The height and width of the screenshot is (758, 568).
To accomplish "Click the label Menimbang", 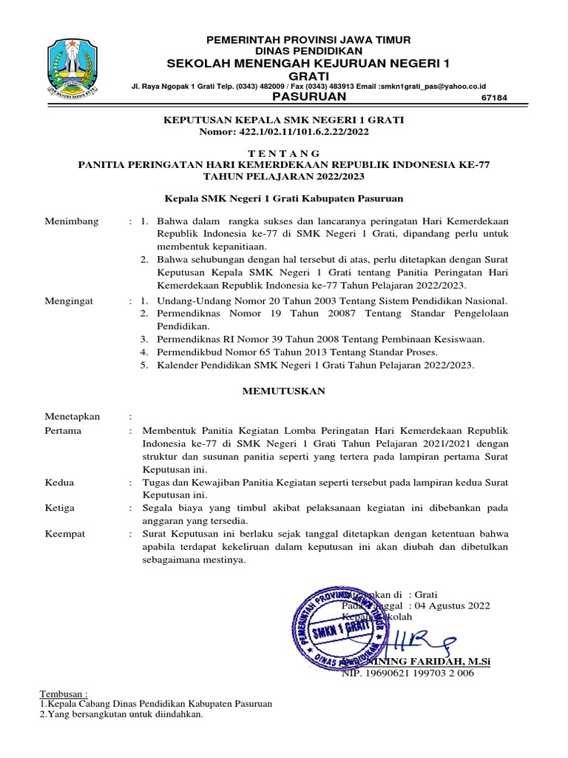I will click(x=71, y=221).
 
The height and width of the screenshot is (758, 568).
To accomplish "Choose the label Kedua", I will click(x=59, y=483).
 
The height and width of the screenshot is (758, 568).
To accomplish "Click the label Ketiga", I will click(x=61, y=509).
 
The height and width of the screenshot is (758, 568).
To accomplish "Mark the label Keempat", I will click(x=65, y=534).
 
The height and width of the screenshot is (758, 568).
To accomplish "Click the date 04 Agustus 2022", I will click(x=453, y=606).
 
